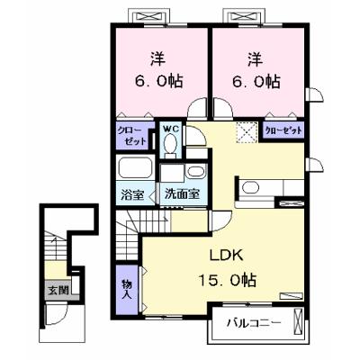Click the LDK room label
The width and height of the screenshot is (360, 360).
click(x=226, y=256)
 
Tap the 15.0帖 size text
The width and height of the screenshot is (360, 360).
click(x=227, y=281)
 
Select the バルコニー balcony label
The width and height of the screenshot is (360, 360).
click(x=254, y=323)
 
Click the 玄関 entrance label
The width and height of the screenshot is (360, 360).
click(x=58, y=290)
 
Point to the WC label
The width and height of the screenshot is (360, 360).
click(x=170, y=129)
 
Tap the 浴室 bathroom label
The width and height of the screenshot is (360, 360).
click(x=132, y=195)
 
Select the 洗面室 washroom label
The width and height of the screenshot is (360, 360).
click(x=182, y=194)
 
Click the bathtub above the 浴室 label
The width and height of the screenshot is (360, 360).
click(x=135, y=167)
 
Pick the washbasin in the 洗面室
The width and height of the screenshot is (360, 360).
click(x=195, y=172)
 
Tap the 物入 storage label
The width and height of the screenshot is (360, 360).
click(x=127, y=289)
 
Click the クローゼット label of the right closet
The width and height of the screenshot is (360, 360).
click(x=283, y=130)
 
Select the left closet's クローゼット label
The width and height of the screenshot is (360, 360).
click(x=131, y=136)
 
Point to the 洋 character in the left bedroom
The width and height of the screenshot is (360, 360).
click(x=157, y=59)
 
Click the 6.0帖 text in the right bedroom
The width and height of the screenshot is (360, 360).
click(x=256, y=81)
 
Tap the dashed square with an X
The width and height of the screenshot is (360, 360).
click(x=247, y=132)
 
